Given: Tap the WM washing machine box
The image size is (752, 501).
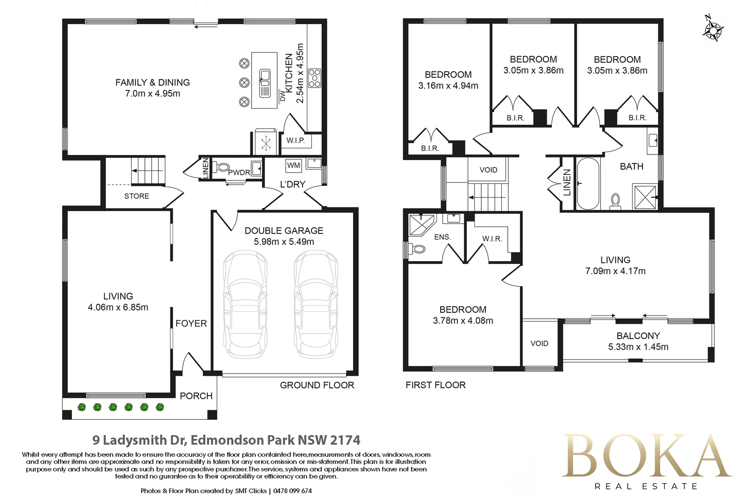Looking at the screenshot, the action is coord(293,166).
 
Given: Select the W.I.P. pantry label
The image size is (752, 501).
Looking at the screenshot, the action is coord(295,141).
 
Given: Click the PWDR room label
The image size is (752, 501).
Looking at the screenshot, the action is coord(239,173).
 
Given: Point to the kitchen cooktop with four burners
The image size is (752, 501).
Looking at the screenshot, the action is coord(315,78).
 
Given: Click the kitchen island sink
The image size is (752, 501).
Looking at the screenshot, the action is coord(265,83).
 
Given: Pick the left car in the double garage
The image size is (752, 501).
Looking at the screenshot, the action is coord(246,304).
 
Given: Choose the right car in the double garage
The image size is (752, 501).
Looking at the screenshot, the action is coord(316,304).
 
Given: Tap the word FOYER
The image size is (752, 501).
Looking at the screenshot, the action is coord(191,323).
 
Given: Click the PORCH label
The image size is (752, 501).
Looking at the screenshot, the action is coord(196,396).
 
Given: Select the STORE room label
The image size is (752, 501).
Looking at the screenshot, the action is coord(136,196).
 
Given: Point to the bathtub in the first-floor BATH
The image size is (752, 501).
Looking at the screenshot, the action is coord(588,184).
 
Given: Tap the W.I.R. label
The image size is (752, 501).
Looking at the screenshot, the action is coord(492,239).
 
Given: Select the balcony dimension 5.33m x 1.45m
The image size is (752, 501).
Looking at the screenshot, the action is coord(638,347).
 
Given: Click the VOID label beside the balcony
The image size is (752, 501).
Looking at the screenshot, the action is coord(539,344).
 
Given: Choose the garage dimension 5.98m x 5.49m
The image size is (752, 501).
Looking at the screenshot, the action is coord(284,242).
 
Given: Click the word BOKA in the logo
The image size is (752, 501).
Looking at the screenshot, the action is coord(646,456).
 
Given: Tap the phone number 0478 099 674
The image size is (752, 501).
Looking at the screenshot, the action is coord(292,491).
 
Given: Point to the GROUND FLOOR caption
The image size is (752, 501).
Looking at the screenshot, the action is coord(317,385).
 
